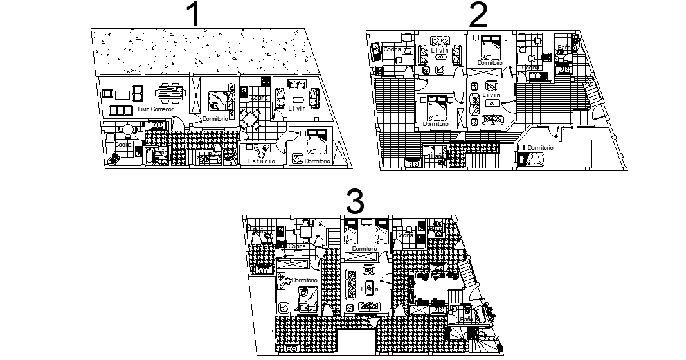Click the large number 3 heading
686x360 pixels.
pyautogui.click(x=355, y=201)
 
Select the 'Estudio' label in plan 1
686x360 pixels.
pyautogui.click(x=262, y=161)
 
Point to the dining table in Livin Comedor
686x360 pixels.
pyautogui.click(x=170, y=93)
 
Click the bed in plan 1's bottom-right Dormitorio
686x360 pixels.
pyautogui.click(x=317, y=143)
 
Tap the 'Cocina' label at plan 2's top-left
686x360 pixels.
pyautogui.click(x=392, y=50)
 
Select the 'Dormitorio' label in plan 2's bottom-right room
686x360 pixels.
pyautogui.click(x=540, y=148)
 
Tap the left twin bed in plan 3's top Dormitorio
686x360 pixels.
pyautogui.click(x=352, y=232)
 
